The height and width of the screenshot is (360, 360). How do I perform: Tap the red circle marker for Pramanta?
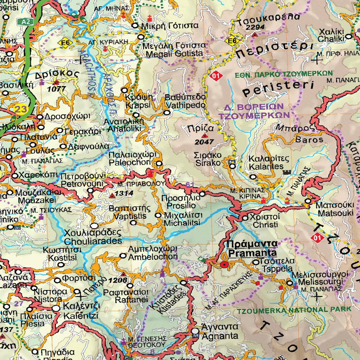pos(224,264)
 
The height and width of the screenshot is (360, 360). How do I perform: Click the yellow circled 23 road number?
pos(21,109)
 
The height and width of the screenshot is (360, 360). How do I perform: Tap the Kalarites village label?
pos(266,162)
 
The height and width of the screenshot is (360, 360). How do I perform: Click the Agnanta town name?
pos(217,331)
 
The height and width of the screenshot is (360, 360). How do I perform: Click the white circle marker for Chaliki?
pos(348,36)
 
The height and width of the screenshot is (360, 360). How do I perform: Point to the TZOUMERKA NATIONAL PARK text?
pos(294,310)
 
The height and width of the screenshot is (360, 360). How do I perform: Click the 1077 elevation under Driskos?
pos(56,89)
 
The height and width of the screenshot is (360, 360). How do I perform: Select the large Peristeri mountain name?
pos(278,88)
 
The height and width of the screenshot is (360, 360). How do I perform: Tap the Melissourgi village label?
pos(320,278)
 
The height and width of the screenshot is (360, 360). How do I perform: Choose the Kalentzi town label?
pos(81,311)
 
